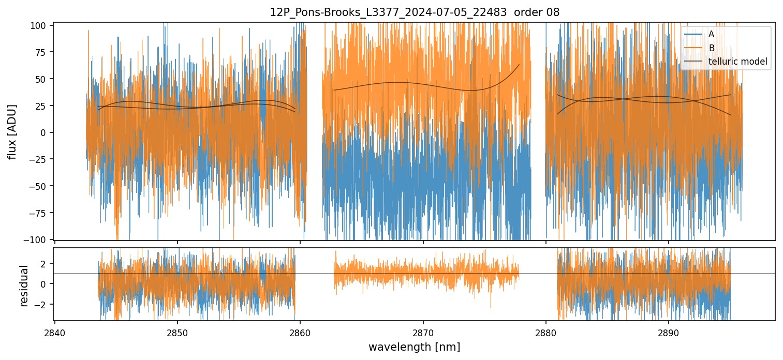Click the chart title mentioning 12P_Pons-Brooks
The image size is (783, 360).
[x=415, y=12]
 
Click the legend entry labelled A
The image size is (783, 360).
[x=711, y=34]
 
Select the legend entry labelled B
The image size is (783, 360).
[x=711, y=48]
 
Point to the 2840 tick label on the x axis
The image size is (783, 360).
[x=55, y=332]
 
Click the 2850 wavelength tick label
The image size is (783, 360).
[x=178, y=332]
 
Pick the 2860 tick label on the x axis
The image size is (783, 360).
[x=300, y=332]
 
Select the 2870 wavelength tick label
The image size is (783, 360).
[x=423, y=332]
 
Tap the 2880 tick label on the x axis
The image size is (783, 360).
[x=545, y=332]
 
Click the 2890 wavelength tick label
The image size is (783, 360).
[x=668, y=332]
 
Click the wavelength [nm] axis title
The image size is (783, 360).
[x=414, y=347]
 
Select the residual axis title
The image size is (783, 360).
[x=24, y=286]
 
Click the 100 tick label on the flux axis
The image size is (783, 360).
[x=42, y=25]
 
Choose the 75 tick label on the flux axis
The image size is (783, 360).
[x=43, y=52]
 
